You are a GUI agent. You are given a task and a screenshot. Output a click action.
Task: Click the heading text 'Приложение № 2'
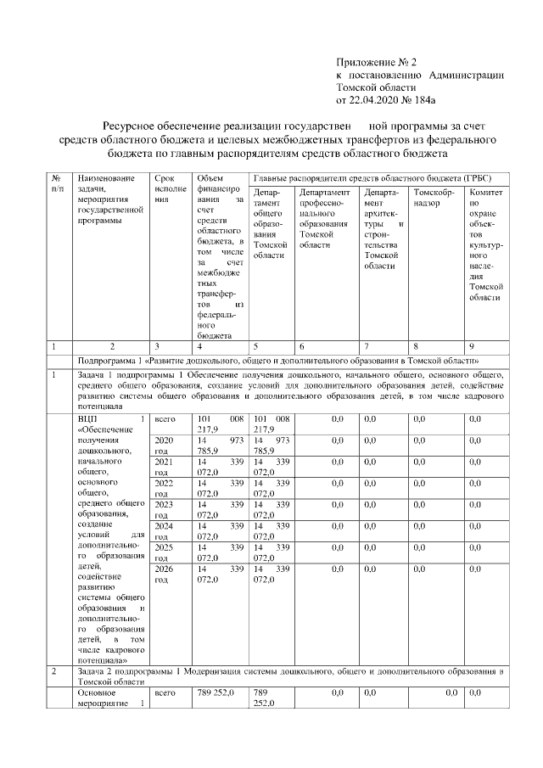click(377, 62)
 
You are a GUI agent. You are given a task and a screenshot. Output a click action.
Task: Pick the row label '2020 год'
click(164, 446)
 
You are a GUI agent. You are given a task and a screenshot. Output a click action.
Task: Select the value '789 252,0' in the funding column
click(217, 693)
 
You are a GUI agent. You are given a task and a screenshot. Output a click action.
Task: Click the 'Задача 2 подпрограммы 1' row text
click(288, 676)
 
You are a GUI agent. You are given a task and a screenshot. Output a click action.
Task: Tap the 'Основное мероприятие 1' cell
click(105, 698)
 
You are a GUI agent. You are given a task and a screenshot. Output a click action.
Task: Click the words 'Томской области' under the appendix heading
click(377, 87)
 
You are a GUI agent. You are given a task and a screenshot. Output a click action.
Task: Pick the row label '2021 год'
click(164, 467)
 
